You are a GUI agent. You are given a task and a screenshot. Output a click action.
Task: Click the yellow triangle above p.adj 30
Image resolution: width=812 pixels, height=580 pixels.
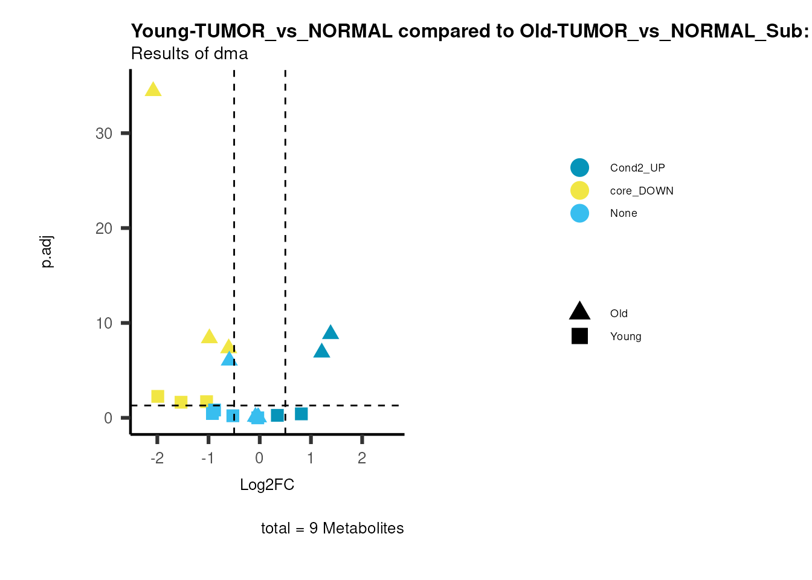pyautogui.click(x=153, y=90)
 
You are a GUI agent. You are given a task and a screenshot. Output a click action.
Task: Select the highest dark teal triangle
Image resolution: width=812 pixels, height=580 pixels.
pyautogui.click(x=330, y=332)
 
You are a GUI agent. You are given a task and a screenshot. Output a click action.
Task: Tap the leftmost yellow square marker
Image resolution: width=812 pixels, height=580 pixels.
pyautogui.click(x=158, y=396)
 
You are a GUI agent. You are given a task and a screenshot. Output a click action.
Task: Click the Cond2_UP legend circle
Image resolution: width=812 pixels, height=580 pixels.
pyautogui.click(x=579, y=167)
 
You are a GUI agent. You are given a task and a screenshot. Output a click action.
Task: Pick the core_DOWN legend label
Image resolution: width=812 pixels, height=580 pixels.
pyautogui.click(x=642, y=191)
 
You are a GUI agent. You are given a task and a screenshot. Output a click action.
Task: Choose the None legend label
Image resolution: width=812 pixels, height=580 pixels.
pyautogui.click(x=623, y=213)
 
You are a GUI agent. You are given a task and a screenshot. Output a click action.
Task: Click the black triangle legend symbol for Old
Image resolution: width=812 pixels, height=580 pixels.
pyautogui.click(x=579, y=312)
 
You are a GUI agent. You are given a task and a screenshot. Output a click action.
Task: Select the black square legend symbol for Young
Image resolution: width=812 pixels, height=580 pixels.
pyautogui.click(x=579, y=337)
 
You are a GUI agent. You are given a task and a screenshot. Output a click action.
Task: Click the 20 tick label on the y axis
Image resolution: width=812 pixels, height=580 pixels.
pyautogui.click(x=104, y=228)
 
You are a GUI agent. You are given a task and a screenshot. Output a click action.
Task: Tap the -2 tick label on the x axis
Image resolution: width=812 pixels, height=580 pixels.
pyautogui.click(x=157, y=458)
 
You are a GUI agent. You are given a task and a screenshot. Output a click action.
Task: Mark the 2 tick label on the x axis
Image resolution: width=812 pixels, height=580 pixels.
pyautogui.click(x=362, y=458)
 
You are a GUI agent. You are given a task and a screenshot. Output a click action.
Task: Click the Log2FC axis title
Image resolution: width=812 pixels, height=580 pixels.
pyautogui.click(x=267, y=485)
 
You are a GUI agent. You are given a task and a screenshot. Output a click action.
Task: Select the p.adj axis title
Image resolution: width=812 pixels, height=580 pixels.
pyautogui.click(x=47, y=252)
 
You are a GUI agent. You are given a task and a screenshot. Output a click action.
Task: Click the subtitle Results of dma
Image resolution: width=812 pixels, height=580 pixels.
pyautogui.click(x=190, y=54)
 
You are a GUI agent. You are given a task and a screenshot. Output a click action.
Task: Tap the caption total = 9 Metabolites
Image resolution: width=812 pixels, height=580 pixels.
pyautogui.click(x=332, y=529)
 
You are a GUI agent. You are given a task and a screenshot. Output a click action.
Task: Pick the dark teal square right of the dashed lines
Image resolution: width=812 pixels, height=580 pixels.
pyautogui.click(x=301, y=414)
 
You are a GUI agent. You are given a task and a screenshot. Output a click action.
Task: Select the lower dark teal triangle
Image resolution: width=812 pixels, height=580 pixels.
pyautogui.click(x=321, y=351)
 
